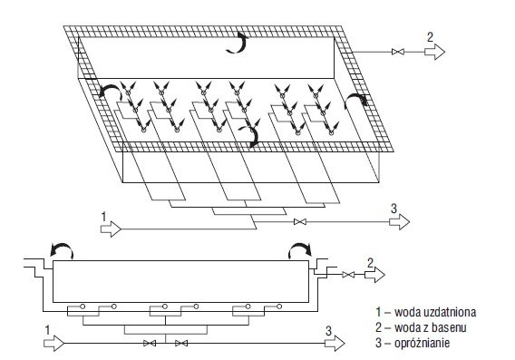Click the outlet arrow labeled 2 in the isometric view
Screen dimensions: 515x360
click(434, 52)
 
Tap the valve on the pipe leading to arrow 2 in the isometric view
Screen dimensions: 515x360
click(398, 52)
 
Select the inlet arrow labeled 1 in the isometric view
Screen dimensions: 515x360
click(111, 229)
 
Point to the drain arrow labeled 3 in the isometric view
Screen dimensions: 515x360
click(399, 222)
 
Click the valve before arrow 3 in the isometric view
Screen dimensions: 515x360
click(300, 222)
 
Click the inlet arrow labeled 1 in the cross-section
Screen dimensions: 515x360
click(54, 344)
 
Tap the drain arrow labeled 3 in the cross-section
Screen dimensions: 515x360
click(335, 344)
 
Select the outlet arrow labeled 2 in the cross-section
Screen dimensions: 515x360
click(374, 275)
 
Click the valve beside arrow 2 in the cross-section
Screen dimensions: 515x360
click(348, 275)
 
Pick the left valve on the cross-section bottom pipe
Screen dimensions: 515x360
click(150, 344)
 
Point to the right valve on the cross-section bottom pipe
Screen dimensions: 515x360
click(181, 344)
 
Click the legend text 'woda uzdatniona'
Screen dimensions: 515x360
click(435, 312)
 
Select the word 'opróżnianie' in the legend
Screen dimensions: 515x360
click(422, 344)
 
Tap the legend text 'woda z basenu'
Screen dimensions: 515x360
click(431, 327)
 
